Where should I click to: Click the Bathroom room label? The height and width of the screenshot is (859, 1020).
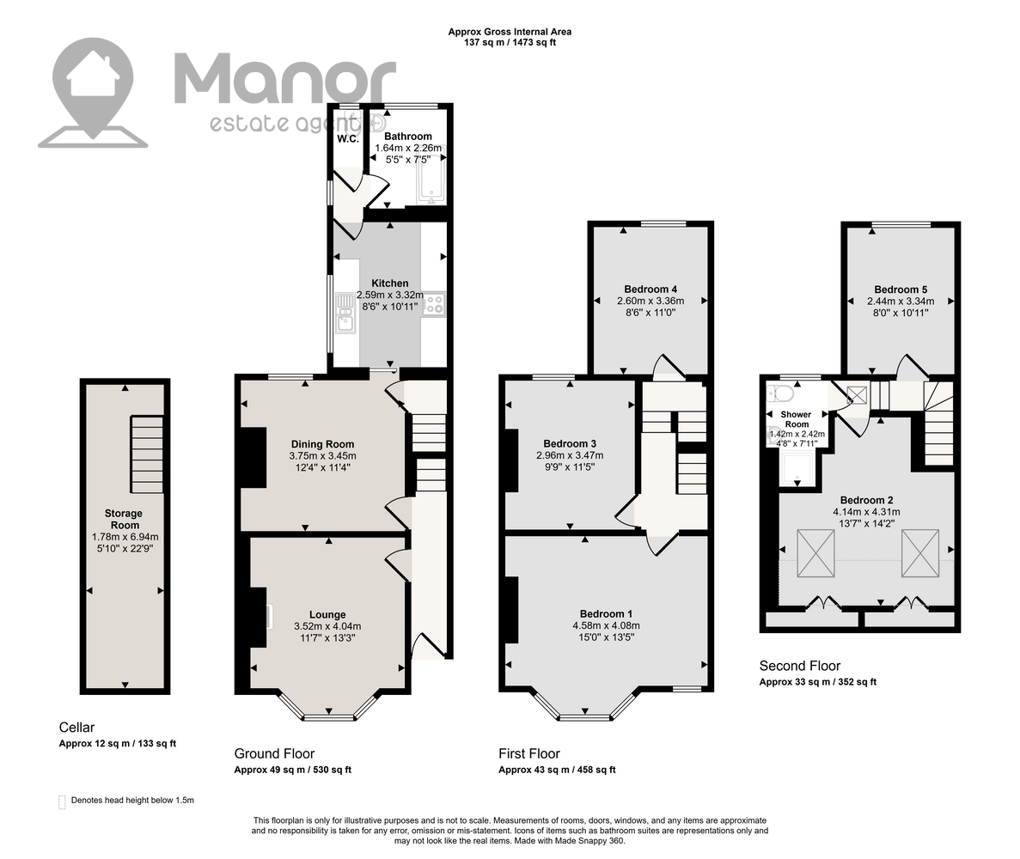pos(408,137)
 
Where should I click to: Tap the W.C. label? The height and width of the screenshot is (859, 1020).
pos(348,138)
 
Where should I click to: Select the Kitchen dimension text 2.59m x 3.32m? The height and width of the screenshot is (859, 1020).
pos(389,295)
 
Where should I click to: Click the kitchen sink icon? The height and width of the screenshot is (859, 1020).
pos(345,313)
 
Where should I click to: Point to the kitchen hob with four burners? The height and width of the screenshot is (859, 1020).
pos(433,304)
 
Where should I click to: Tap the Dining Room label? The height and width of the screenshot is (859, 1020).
pos(322,445)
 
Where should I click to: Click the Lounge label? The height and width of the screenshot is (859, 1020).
pos(327,614)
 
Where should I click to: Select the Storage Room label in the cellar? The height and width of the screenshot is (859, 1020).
pos(125,520)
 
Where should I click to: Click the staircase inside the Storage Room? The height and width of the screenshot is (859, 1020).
pos(147,454)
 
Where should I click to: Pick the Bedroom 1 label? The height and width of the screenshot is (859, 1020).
pos(607,614)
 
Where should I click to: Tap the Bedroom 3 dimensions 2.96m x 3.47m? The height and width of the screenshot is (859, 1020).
pos(570,455)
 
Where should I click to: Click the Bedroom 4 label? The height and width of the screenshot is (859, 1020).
pos(650,289)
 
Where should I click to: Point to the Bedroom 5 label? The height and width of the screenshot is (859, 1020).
pos(901,290)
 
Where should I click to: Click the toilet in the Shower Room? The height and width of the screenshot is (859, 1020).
pos(780,393)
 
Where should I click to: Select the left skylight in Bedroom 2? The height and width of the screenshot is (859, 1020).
pos(815,552)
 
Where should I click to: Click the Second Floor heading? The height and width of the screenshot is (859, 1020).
pos(799,666)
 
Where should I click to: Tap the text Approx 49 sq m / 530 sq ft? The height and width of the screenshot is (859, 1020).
pos(293,770)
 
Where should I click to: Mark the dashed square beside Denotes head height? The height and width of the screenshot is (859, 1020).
pos(62,801)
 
